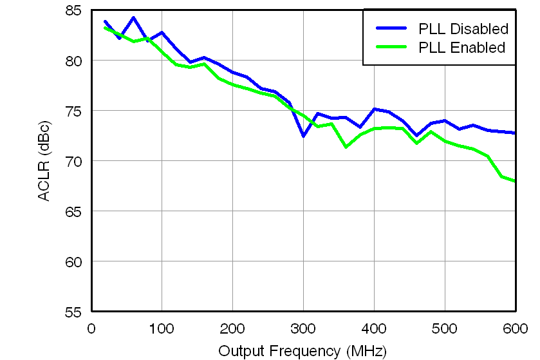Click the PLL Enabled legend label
tap(461, 48)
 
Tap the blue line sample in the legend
tap(391, 29)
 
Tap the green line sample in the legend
tap(391, 48)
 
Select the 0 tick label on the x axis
tap(91, 328)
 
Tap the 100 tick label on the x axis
tap(162, 328)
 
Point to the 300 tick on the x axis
tap(303, 328)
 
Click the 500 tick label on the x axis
tap(445, 328)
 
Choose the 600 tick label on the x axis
tap(515, 328)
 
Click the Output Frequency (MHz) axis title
tap(303, 351)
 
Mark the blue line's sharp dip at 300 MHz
tap(303, 136)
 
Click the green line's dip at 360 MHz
tap(346, 147)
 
